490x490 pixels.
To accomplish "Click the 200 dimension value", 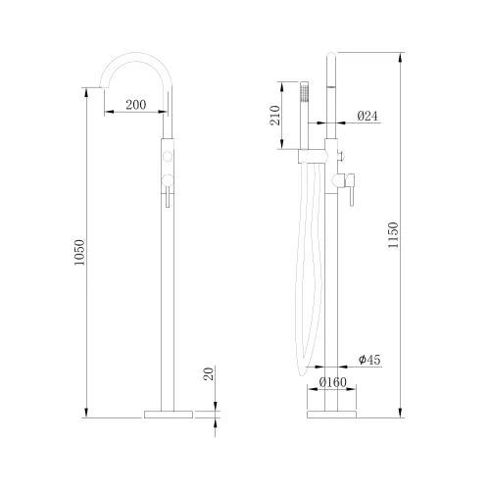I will (x=136, y=104).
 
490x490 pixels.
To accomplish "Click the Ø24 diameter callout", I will (x=367, y=116).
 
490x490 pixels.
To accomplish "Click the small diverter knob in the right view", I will (x=342, y=156).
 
